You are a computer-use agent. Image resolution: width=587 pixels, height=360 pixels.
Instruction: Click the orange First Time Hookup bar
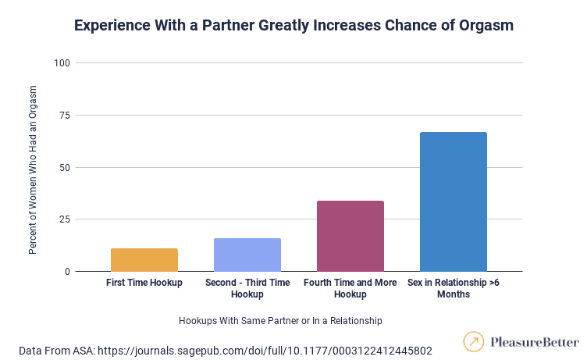pyautogui.click(x=144, y=260)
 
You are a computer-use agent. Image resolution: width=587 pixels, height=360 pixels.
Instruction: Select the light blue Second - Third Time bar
pyautogui.click(x=247, y=255)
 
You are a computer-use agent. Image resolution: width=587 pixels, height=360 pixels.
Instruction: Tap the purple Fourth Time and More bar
pyautogui.click(x=350, y=236)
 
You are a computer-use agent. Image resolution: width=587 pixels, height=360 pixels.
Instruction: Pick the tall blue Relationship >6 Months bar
pyautogui.click(x=454, y=201)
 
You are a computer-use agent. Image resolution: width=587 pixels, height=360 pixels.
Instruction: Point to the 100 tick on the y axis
pyautogui.click(x=62, y=62)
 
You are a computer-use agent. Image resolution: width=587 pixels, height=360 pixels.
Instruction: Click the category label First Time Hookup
pyautogui.click(x=144, y=283)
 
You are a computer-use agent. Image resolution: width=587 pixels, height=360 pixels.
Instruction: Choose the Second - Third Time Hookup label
pyautogui.click(x=247, y=288)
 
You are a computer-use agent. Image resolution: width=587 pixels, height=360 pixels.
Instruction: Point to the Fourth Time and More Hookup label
pyautogui.click(x=350, y=288)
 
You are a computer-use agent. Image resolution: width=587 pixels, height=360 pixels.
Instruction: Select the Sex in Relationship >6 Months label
pyautogui.click(x=454, y=288)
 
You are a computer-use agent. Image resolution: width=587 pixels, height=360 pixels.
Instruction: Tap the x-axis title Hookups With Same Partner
pyautogui.click(x=281, y=320)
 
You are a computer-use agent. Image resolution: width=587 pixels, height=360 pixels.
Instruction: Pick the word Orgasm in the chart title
pyautogui.click(x=486, y=26)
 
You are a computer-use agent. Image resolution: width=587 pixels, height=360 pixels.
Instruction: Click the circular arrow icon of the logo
pyautogui.click(x=473, y=342)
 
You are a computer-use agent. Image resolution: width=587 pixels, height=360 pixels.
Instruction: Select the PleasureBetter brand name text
pyautogui.click(x=535, y=342)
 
